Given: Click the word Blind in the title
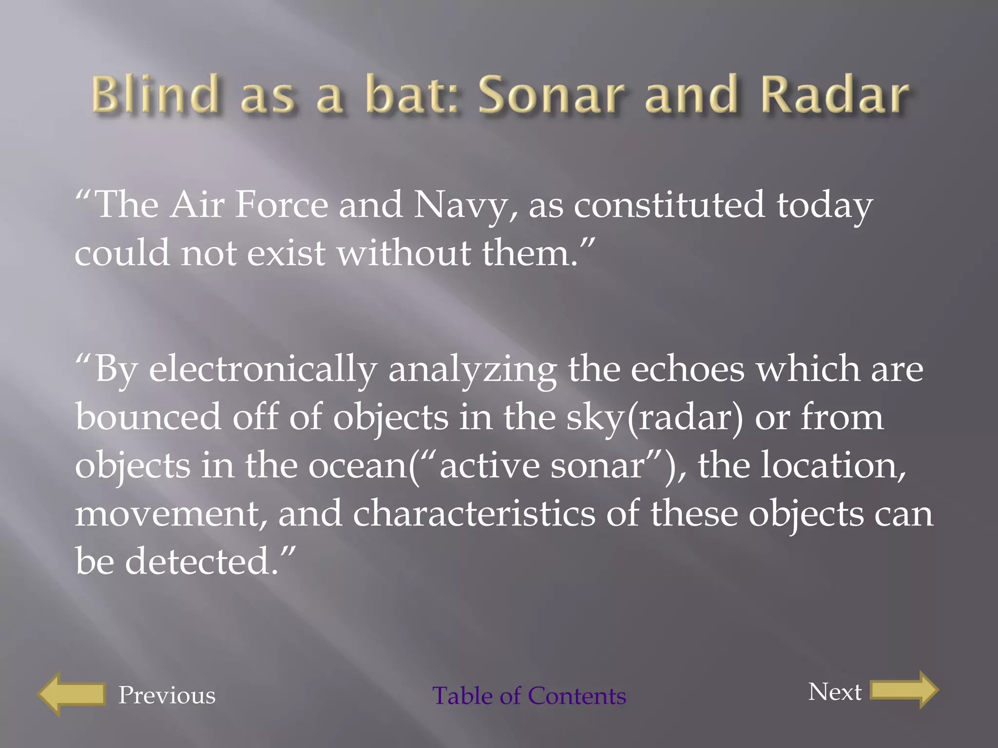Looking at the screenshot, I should pos(154,94).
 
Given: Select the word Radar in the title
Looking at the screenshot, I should pos(834,94).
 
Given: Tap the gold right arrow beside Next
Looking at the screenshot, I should pos(904,690).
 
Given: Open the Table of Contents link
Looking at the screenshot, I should pos(529,695).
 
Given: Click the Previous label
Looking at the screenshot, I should pos(167,695).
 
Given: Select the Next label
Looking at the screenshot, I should pos(835,692).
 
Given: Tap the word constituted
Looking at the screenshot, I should pos(669,205).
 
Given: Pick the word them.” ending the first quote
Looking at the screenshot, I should pos(538,253).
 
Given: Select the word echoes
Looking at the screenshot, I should pos(688,369).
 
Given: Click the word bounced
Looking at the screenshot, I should pos(148,417).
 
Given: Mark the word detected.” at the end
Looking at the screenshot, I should pos(210,561).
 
